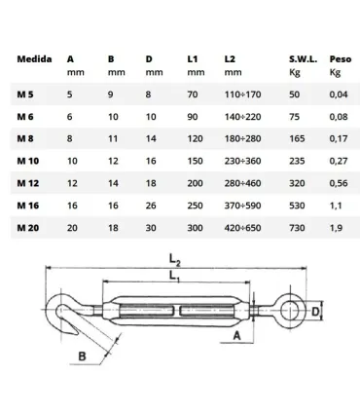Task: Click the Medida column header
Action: click(35, 58)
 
